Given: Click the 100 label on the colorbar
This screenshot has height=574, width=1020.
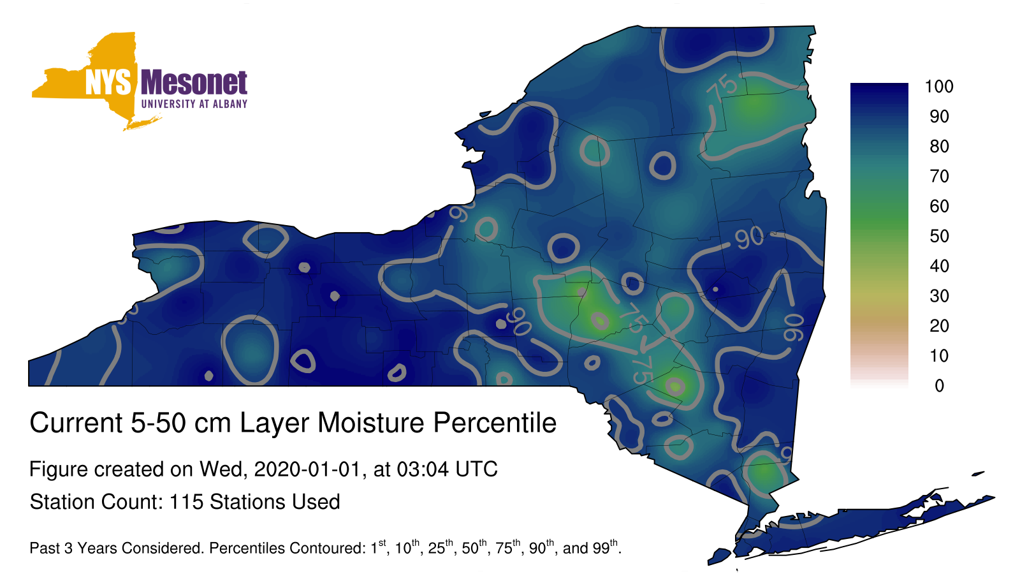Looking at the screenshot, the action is tap(939, 87).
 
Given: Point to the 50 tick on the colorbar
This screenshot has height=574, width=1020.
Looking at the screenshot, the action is tap(939, 236).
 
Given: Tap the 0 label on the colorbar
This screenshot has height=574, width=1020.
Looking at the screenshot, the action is tap(939, 386).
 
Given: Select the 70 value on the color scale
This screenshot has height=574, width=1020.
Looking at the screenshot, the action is tap(939, 176).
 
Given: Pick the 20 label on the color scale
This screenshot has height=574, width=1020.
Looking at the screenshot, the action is tap(939, 326).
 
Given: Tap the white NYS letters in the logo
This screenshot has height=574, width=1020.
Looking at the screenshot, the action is tap(108, 82).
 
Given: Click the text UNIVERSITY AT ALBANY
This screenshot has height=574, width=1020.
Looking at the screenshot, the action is tap(194, 104).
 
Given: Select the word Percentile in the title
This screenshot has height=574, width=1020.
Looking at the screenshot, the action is tap(495, 423).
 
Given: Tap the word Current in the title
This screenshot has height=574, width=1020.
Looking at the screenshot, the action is tap(76, 423).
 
